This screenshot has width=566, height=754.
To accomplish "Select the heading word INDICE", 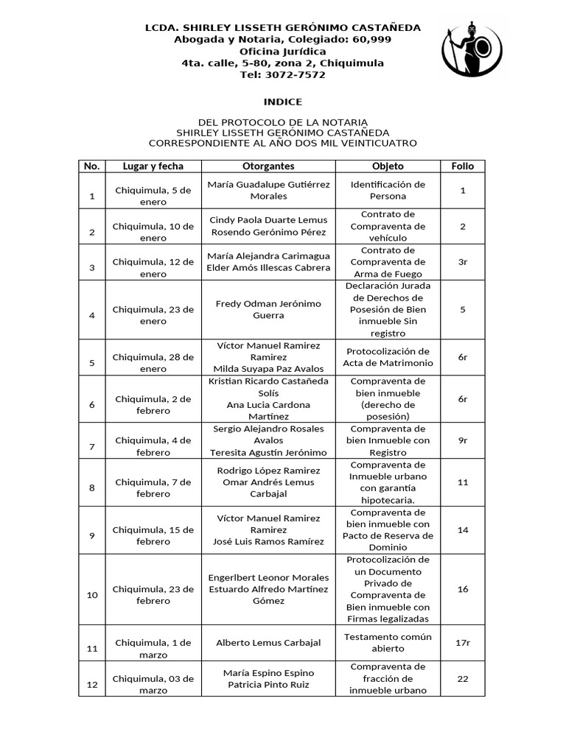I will [x=283, y=102].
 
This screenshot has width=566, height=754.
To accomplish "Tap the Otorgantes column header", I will [x=268, y=166].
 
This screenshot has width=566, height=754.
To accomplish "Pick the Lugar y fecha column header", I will [x=153, y=166].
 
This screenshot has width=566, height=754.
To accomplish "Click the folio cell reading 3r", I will [x=462, y=261].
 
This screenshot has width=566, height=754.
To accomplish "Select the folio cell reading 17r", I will [x=462, y=643].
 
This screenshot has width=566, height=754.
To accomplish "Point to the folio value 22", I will [x=462, y=679].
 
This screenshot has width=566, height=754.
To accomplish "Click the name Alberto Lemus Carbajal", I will [x=268, y=643].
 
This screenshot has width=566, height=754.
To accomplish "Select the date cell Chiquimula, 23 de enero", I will [x=153, y=315].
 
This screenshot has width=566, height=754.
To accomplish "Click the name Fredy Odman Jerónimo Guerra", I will [x=268, y=309].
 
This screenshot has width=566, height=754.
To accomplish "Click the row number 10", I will [x=92, y=595].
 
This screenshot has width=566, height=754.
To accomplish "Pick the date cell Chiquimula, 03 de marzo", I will [x=153, y=684].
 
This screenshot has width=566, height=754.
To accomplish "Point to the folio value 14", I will [x=462, y=529].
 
